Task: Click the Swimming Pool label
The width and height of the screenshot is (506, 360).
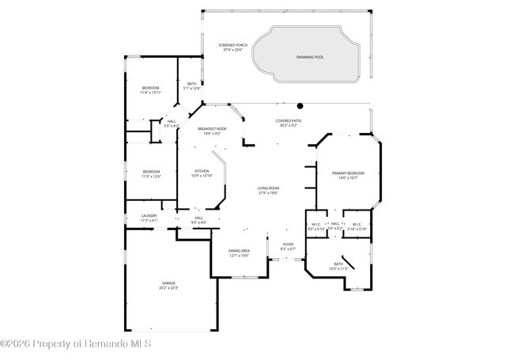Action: click(x=310, y=57)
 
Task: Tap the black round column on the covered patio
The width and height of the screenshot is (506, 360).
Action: click(x=300, y=105)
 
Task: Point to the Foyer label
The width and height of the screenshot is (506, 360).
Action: click(x=288, y=246)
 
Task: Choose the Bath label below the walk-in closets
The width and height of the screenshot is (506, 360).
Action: click(x=338, y=266)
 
